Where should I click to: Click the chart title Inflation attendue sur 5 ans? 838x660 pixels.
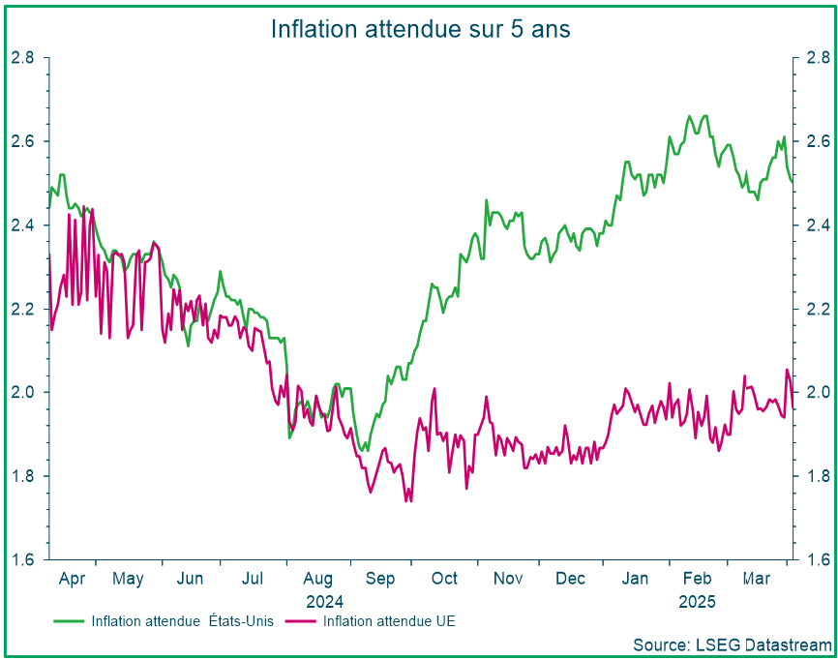point(420,29)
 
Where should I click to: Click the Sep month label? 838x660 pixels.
point(379,579)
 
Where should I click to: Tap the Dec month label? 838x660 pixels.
point(570,579)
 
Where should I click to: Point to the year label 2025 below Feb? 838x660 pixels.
point(697,602)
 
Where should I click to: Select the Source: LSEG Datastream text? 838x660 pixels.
point(732,644)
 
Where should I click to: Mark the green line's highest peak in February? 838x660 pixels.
point(690,116)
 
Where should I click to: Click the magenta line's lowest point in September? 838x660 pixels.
point(406,501)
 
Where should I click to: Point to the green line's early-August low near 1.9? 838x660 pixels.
point(289,437)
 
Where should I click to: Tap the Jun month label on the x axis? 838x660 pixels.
point(191,579)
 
